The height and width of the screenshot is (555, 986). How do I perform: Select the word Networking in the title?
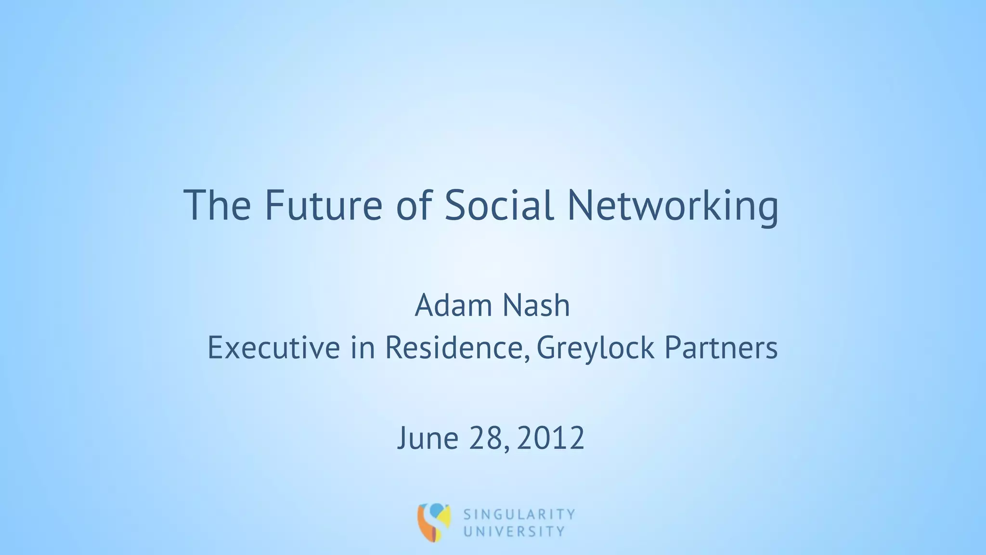pyautogui.click(x=673, y=207)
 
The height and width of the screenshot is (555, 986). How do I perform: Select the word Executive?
pyautogui.click(x=273, y=348)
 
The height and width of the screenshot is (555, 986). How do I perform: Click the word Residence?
pyautogui.click(x=453, y=348)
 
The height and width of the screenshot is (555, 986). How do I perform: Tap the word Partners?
pyautogui.click(x=721, y=348)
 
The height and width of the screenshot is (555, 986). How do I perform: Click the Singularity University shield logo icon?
pyautogui.click(x=434, y=522)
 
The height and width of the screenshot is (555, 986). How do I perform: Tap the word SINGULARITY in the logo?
pyautogui.click(x=519, y=515)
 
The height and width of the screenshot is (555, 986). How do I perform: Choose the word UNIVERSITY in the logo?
pyautogui.click(x=514, y=532)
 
